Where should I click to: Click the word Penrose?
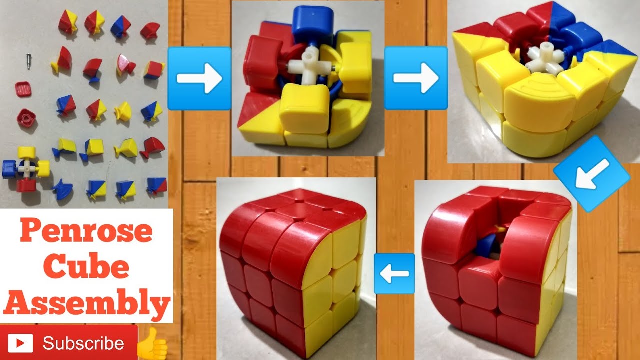pyautogui.click(x=87, y=231)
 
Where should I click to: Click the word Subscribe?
pyautogui.click(x=83, y=343)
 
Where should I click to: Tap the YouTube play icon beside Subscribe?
pyautogui.click(x=20, y=343)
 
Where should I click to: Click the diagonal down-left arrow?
pyautogui.click(x=592, y=173)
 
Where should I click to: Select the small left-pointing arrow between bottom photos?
pyautogui.click(x=394, y=273)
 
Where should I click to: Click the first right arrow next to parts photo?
pyautogui.click(x=199, y=78)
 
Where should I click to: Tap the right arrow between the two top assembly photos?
pyautogui.click(x=416, y=78)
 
